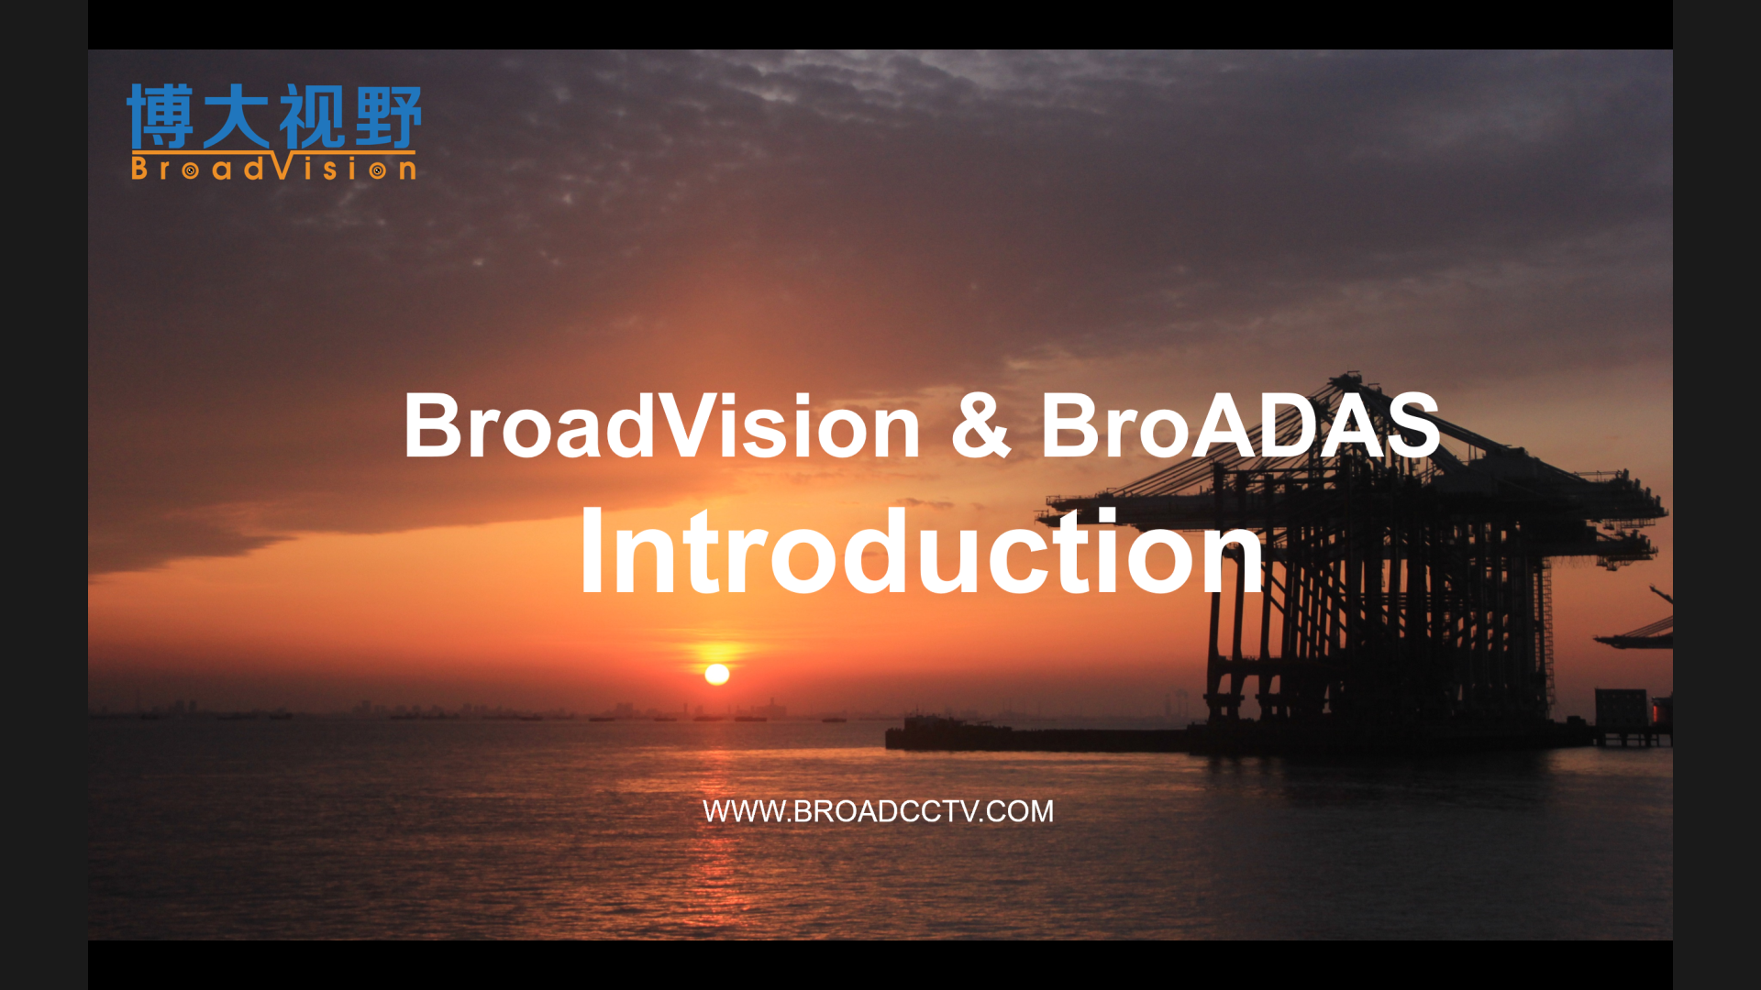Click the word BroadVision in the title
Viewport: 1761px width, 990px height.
click(661, 424)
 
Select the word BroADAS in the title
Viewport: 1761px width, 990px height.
click(1240, 424)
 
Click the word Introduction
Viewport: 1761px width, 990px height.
click(922, 550)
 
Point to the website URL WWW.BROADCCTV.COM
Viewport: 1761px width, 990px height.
click(878, 811)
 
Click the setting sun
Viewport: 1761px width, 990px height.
click(717, 675)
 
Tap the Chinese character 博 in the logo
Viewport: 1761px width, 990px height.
click(161, 116)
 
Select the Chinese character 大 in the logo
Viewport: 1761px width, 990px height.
click(236, 116)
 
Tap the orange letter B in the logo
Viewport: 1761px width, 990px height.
click(139, 168)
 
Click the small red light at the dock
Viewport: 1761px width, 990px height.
click(1657, 710)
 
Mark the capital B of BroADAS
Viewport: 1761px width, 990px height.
click(1069, 425)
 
